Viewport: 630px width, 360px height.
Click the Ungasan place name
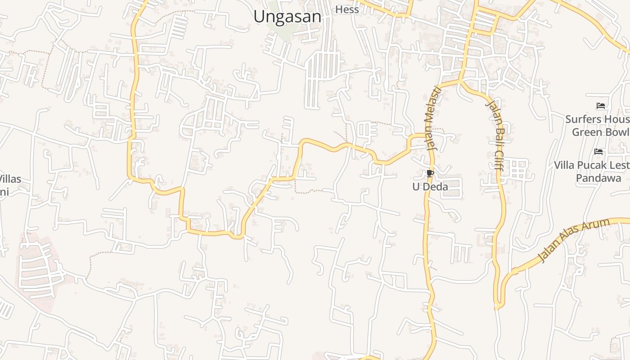coord(287,17)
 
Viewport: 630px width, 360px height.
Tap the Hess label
coord(347,9)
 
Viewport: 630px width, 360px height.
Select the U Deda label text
coord(430,186)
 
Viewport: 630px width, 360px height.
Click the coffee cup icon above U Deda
coord(430,173)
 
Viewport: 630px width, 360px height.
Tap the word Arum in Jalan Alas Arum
coord(596,228)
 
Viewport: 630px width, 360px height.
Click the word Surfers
coord(584,119)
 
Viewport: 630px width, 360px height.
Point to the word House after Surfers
coord(616,119)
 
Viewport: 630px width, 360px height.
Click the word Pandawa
coord(598,178)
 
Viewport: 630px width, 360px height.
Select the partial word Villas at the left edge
coord(10,179)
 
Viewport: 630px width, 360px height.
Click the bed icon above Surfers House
coord(600,106)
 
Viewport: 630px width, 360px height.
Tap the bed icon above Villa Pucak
coord(598,152)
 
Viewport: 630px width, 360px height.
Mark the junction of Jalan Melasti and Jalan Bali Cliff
coord(460,81)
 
